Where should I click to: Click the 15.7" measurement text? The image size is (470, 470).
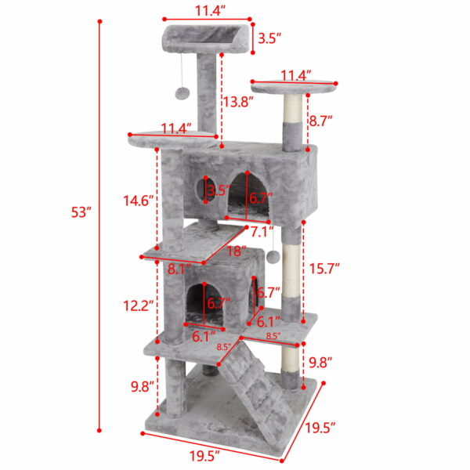[x=324, y=269]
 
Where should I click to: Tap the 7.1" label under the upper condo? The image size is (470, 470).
[x=262, y=232]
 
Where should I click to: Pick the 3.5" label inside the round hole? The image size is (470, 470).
[x=216, y=190]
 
